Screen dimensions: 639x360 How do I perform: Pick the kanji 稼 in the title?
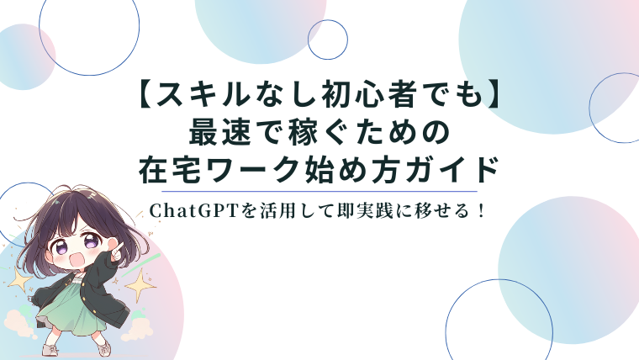(x=304, y=133)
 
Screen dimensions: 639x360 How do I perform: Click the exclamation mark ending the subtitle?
(x=482, y=211)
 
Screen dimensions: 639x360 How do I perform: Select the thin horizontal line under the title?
(x=319, y=191)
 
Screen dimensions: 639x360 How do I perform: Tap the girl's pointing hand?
(x=115, y=250)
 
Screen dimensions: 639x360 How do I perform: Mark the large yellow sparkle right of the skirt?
(x=140, y=285)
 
